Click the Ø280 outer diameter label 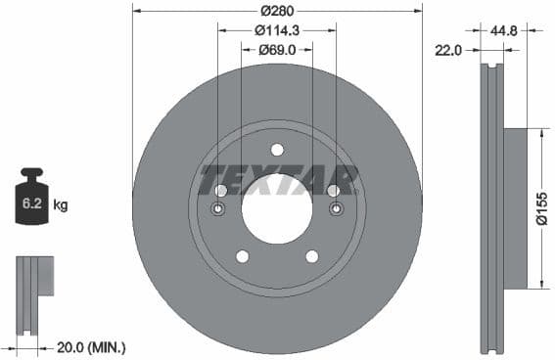coord(278,11)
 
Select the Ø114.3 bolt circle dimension coord(277,30)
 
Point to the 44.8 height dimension coord(506,30)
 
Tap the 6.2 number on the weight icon coord(29,205)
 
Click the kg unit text coord(61,205)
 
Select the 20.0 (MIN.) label coord(91,347)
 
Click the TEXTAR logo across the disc coord(278,180)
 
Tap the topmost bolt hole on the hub coord(277,150)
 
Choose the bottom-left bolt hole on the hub coord(241,256)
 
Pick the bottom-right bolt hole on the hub coord(312,256)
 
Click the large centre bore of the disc coord(277,209)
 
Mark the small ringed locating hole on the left coord(218,209)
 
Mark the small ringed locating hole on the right coord(336,209)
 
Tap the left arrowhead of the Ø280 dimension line coord(136,11)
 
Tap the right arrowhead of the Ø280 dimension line coord(419,11)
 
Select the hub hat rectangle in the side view coord(515,208)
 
